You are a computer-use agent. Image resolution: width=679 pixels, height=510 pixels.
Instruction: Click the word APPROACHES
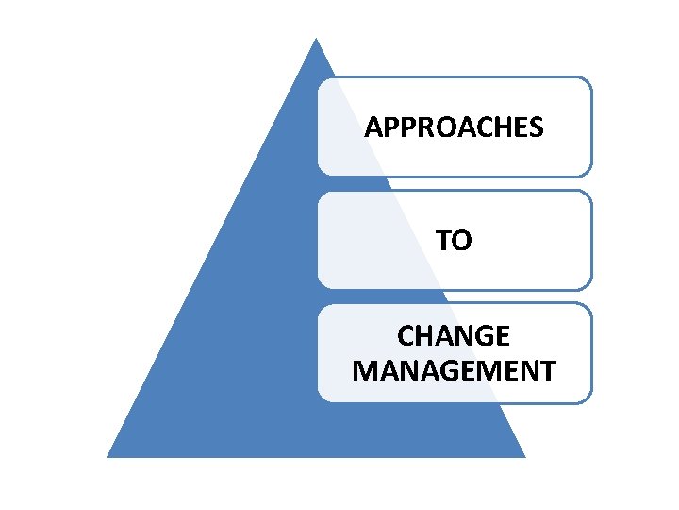(x=454, y=127)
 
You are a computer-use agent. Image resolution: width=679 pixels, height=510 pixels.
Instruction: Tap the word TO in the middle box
(x=454, y=241)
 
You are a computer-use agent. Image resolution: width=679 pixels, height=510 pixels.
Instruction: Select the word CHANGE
(x=454, y=336)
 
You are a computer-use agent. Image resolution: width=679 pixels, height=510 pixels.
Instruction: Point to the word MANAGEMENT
(x=454, y=369)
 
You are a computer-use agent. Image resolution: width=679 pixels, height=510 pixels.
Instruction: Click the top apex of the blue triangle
(x=316, y=40)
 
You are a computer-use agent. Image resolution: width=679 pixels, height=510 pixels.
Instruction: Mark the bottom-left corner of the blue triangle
(x=108, y=456)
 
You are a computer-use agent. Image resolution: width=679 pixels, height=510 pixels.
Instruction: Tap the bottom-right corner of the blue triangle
(x=523, y=456)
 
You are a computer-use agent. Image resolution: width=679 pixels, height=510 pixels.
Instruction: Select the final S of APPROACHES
(x=536, y=127)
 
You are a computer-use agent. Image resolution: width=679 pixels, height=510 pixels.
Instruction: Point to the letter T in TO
(x=443, y=241)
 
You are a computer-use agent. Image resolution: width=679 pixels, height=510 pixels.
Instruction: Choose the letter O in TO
(x=463, y=241)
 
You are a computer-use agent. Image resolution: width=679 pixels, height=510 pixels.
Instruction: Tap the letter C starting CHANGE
(x=406, y=336)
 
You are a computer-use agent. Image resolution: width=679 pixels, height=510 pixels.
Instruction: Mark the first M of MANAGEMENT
(x=364, y=369)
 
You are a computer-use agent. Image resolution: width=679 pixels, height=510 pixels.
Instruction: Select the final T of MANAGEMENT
(x=547, y=369)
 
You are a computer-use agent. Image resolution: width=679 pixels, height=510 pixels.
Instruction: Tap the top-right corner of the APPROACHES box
(x=590, y=79)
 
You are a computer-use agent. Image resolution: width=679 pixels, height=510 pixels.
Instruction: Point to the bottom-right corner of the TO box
(x=590, y=286)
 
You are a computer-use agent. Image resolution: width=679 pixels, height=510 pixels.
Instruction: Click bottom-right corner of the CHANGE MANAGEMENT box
(x=590, y=400)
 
